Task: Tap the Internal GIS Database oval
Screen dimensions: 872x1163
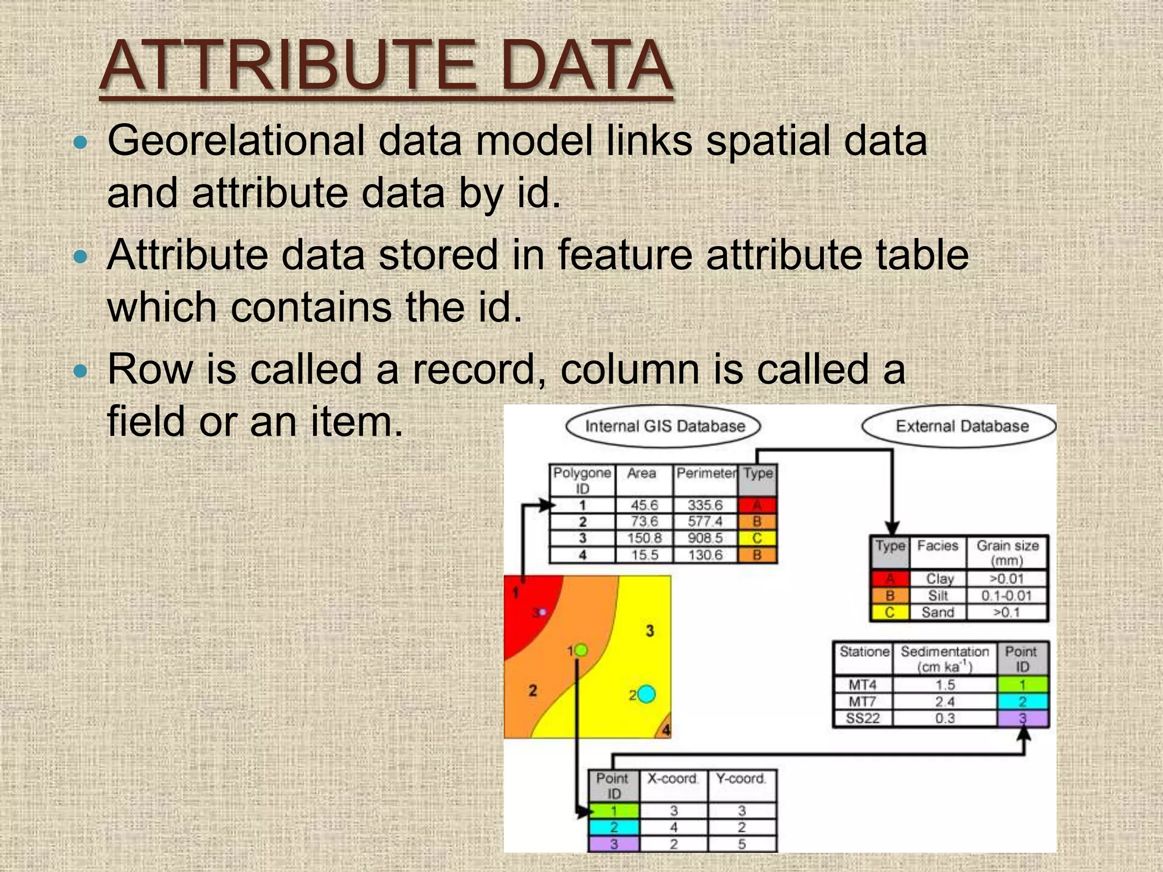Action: tap(664, 426)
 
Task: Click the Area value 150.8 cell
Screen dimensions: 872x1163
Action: tap(643, 538)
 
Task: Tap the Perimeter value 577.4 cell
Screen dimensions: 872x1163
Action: tap(705, 522)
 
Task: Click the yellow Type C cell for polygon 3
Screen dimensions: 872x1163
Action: tap(757, 538)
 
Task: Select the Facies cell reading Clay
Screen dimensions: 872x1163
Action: tap(938, 578)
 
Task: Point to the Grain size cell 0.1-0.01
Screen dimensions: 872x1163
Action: tap(1006, 596)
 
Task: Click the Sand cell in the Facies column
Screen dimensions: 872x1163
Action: tap(938, 613)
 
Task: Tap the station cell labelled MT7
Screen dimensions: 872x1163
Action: tap(862, 702)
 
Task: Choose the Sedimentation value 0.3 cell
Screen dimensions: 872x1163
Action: tap(945, 718)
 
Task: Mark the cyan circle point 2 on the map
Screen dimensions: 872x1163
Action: tap(646, 694)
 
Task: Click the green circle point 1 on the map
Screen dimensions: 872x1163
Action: tap(580, 650)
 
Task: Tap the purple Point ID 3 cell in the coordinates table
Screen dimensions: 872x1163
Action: tap(614, 844)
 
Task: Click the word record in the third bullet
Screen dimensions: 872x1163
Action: tap(474, 369)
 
